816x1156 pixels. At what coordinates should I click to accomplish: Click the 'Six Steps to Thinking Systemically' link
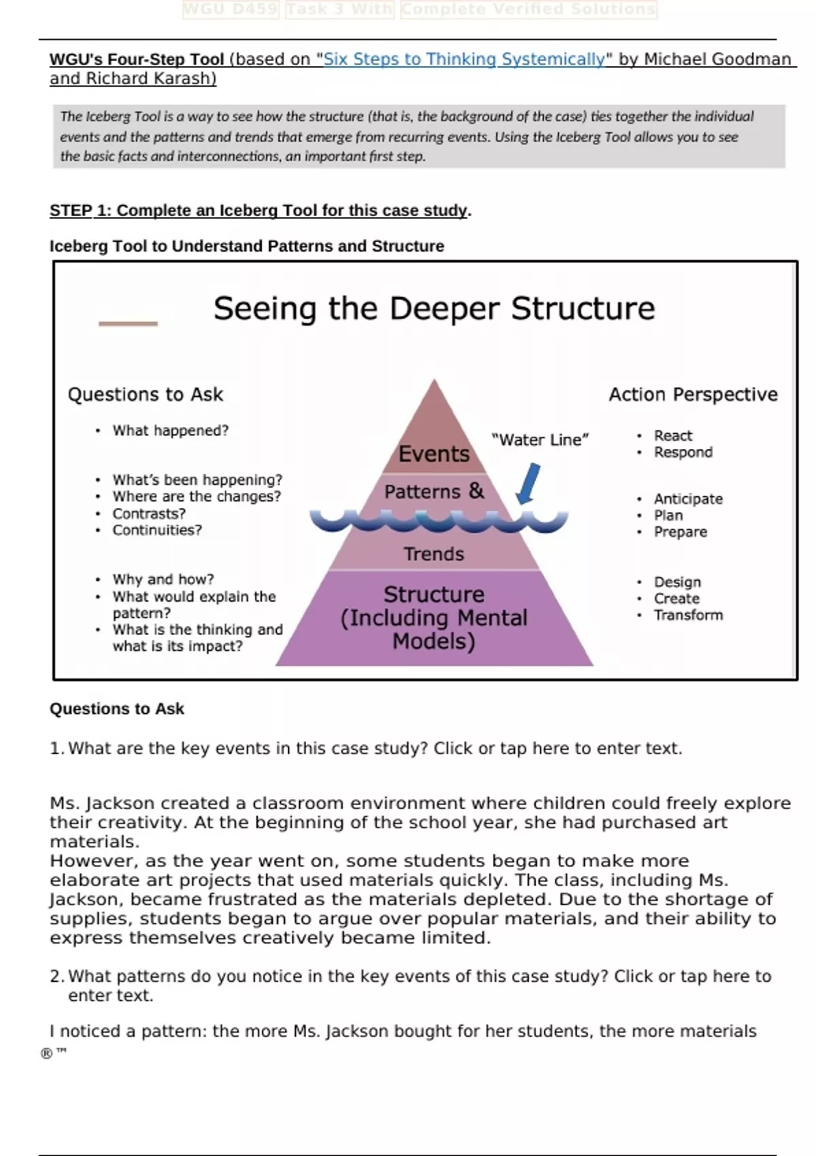pyautogui.click(x=464, y=59)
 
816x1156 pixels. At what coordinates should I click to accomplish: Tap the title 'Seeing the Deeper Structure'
pyautogui.click(x=434, y=308)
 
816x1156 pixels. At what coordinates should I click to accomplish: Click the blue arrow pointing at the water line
pyautogui.click(x=528, y=483)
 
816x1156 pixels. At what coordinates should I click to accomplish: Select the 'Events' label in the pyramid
pyautogui.click(x=434, y=454)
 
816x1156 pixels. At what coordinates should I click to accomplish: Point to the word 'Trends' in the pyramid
pyautogui.click(x=434, y=554)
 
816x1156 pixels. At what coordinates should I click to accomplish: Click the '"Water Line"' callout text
pyautogui.click(x=540, y=440)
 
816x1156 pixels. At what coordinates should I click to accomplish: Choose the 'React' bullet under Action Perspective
pyautogui.click(x=673, y=435)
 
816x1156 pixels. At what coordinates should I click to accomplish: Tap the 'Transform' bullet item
pyautogui.click(x=688, y=615)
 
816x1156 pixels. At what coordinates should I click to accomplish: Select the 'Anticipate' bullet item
pyautogui.click(x=688, y=498)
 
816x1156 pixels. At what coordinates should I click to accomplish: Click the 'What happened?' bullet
pyautogui.click(x=170, y=430)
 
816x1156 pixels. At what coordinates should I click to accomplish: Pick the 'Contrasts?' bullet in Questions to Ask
pyautogui.click(x=148, y=513)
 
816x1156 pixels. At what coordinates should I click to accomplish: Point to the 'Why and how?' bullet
pyautogui.click(x=163, y=579)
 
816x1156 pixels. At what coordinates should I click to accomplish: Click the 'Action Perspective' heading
pyautogui.click(x=693, y=394)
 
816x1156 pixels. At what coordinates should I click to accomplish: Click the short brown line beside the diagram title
pyautogui.click(x=128, y=324)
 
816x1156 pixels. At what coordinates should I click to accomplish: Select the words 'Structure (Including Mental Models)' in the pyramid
pyautogui.click(x=434, y=617)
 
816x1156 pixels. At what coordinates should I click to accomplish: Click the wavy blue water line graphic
pyautogui.click(x=439, y=521)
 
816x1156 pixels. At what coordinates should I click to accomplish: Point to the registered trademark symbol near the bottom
pyautogui.click(x=46, y=1054)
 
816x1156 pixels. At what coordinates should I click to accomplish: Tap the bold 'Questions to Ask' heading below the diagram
pyautogui.click(x=117, y=709)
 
